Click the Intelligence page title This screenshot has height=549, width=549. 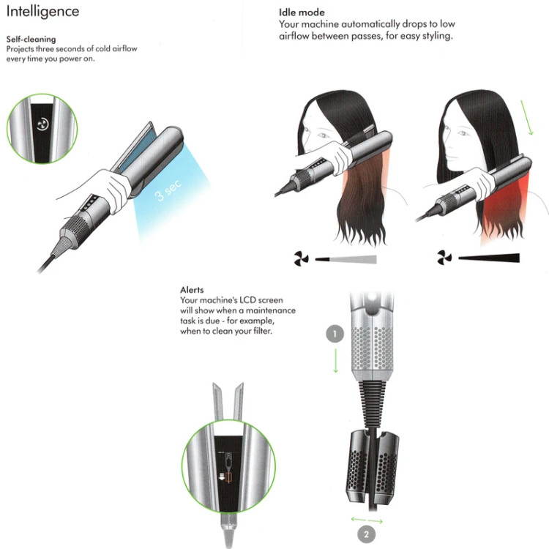point(42,12)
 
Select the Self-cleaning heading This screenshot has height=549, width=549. point(31,39)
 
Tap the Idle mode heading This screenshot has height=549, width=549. point(302,12)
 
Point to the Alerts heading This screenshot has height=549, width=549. point(192,290)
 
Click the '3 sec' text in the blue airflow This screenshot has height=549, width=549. point(168,190)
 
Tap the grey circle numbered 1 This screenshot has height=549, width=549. point(335,334)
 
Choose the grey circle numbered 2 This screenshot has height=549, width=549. point(366,534)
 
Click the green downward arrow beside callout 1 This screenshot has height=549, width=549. point(335,361)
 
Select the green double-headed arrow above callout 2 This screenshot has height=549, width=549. point(367,520)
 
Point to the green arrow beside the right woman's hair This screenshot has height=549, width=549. point(527,118)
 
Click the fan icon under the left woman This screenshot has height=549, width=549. point(301,258)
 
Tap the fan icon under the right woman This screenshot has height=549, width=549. point(444,258)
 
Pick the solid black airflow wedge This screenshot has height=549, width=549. point(489,258)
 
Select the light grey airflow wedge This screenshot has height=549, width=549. point(346,259)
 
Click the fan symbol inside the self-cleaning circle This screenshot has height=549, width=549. point(42,124)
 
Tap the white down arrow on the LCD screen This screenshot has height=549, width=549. point(221,477)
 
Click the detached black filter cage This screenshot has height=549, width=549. point(372,468)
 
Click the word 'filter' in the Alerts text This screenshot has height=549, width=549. point(262,331)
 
